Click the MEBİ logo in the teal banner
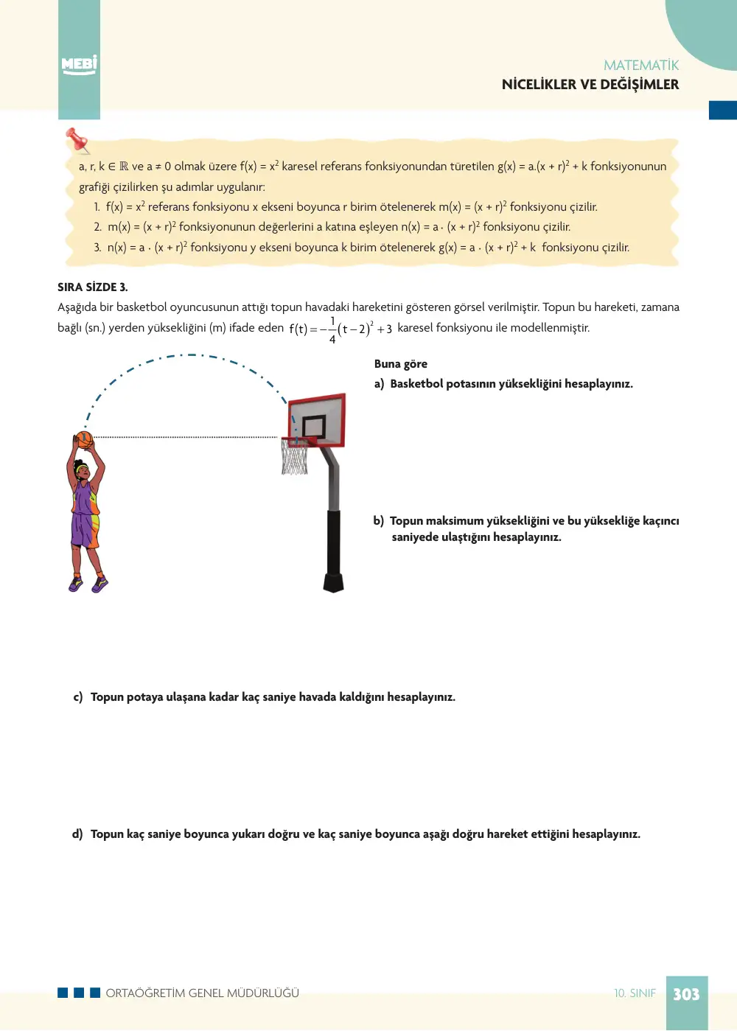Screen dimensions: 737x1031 (79, 65)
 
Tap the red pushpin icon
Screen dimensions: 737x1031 (77, 140)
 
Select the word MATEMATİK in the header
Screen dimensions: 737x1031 (640, 66)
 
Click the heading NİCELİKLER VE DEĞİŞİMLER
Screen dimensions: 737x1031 (590, 85)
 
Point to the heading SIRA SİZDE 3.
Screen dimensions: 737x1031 (93, 287)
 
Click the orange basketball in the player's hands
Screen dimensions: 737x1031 (84, 439)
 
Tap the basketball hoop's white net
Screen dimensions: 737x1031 (294, 457)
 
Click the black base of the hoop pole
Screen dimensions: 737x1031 (334, 582)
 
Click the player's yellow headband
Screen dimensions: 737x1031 (82, 469)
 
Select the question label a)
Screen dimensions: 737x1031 (379, 384)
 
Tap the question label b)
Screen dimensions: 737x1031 (378, 520)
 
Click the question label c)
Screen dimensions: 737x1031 (78, 697)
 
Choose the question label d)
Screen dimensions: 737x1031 (77, 834)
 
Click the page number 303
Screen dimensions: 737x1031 (686, 995)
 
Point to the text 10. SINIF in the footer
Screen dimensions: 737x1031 (635, 993)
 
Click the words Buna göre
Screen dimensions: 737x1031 (400, 364)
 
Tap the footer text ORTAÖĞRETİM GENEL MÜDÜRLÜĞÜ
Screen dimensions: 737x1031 (203, 993)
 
